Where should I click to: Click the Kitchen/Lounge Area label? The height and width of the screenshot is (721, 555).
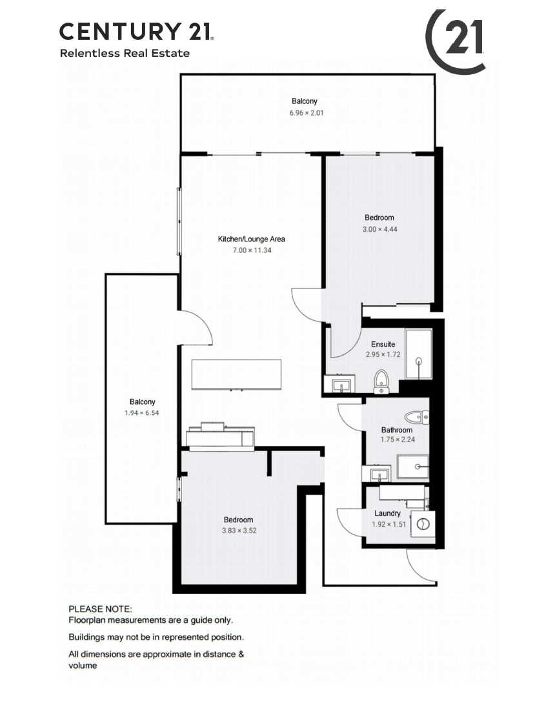click(251, 239)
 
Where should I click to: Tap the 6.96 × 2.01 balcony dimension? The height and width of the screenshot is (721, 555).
click(307, 113)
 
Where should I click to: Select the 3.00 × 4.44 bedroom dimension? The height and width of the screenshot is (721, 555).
click(380, 229)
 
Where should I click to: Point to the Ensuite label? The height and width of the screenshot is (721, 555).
click(383, 344)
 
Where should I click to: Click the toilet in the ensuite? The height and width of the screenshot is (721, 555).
click(381, 381)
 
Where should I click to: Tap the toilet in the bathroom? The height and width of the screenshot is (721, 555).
click(417, 418)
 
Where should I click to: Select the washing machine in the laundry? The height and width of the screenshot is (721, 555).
click(423, 524)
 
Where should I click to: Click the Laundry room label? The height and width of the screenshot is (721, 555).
click(387, 513)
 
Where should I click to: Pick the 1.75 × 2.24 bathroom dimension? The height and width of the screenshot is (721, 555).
click(398, 440)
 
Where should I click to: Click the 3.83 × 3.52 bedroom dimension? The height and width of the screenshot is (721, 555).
click(239, 531)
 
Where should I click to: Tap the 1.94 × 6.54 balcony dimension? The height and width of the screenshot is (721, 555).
click(141, 413)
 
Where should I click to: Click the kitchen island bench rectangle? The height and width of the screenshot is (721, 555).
click(236, 374)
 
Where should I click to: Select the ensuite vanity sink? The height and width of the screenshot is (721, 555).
click(340, 385)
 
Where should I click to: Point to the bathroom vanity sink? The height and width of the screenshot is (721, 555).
click(377, 474)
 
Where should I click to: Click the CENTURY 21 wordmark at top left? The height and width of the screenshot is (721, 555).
click(137, 31)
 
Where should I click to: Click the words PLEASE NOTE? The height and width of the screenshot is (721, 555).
click(100, 609)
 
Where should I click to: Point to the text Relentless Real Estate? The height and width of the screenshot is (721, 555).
click(125, 54)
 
